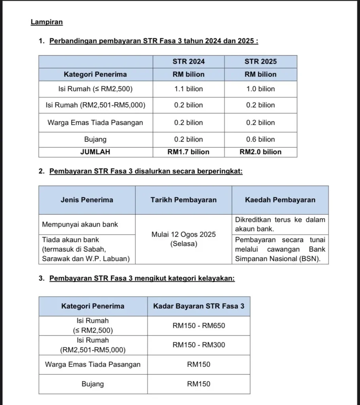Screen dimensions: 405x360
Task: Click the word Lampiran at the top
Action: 47,22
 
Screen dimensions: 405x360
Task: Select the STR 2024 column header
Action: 189,61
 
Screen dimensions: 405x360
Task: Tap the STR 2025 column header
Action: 260,61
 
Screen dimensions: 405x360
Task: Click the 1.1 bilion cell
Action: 189,89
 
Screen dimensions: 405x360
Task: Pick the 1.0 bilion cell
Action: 260,89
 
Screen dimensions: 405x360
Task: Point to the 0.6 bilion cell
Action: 260,139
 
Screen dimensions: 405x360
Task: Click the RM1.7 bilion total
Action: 189,152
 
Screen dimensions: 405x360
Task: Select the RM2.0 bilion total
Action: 260,152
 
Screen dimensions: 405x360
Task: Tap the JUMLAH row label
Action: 95,152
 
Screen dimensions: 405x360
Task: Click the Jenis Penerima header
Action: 87,200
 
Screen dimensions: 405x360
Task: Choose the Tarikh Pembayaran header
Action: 184,200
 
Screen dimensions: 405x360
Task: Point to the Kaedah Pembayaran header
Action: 280,200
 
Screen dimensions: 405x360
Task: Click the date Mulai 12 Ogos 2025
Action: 184,235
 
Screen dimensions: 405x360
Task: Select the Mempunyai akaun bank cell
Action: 80,225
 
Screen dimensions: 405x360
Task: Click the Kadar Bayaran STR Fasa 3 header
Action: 199,306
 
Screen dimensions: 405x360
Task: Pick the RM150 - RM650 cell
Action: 199,326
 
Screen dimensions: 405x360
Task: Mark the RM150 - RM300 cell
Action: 199,345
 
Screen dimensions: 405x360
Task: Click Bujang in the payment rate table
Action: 93,384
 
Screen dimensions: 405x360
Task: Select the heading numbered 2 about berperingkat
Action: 146,171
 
